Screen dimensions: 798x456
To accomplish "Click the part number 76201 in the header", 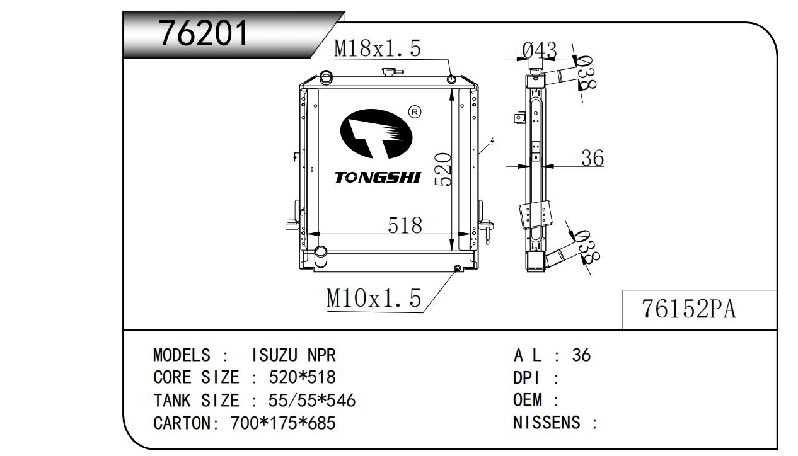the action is click(203, 33).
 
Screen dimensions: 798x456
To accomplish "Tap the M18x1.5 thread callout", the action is click(378, 48).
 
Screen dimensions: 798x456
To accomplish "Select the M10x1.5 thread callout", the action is click(374, 298).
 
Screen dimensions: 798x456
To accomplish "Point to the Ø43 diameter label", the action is click(540, 50).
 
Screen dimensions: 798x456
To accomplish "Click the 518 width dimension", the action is click(405, 225).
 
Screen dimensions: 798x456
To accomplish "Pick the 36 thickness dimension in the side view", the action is click(593, 158).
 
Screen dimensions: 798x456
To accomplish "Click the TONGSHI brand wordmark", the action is click(378, 177).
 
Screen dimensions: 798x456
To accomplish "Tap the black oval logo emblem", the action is click(376, 134).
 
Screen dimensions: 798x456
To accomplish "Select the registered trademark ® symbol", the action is click(414, 112).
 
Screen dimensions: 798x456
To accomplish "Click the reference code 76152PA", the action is click(688, 309).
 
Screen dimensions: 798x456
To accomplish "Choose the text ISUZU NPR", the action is click(294, 355).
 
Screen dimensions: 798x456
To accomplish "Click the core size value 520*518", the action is click(302, 377).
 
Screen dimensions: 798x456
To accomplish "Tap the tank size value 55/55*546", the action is click(312, 401).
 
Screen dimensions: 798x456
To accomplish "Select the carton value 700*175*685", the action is click(283, 423).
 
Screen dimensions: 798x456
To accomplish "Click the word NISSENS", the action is click(546, 423).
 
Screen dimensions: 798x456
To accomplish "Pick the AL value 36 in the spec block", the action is click(581, 355).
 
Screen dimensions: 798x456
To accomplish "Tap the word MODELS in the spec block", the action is click(182, 355).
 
